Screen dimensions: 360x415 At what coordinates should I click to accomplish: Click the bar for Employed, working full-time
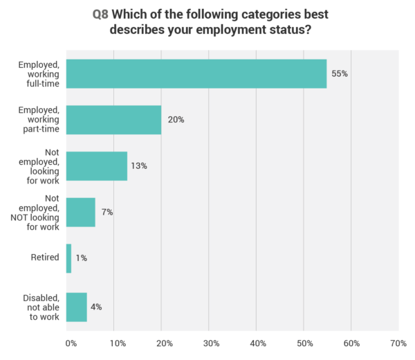pyautogui.click(x=196, y=73)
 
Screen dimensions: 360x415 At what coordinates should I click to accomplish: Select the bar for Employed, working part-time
pyautogui.click(x=113, y=120)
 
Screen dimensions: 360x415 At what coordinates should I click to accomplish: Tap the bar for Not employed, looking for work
pyautogui.click(x=96, y=166)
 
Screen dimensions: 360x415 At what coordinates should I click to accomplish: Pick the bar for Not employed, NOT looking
pyautogui.click(x=80, y=213)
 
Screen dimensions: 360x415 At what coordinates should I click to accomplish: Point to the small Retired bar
pyautogui.click(x=68, y=258)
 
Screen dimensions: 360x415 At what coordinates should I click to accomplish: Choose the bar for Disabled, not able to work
pyautogui.click(x=76, y=307)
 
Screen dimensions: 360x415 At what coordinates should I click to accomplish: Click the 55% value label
pyautogui.click(x=339, y=73)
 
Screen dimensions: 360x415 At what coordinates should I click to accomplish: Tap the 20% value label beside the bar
pyautogui.click(x=176, y=120)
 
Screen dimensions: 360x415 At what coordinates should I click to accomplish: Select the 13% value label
pyautogui.click(x=139, y=166)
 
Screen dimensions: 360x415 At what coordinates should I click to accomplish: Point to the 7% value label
pyautogui.click(x=107, y=213)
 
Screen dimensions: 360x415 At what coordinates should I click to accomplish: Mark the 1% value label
pyautogui.click(x=82, y=258)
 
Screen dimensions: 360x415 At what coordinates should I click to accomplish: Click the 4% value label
pyautogui.click(x=96, y=307)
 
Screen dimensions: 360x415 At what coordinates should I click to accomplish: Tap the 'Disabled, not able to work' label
pyautogui.click(x=41, y=307)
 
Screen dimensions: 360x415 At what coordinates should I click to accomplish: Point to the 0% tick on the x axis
pyautogui.click(x=70, y=343)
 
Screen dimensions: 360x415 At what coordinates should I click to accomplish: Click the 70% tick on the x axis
pyautogui.click(x=398, y=343)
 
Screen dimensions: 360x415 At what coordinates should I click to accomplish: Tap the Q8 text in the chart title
pyautogui.click(x=100, y=13)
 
